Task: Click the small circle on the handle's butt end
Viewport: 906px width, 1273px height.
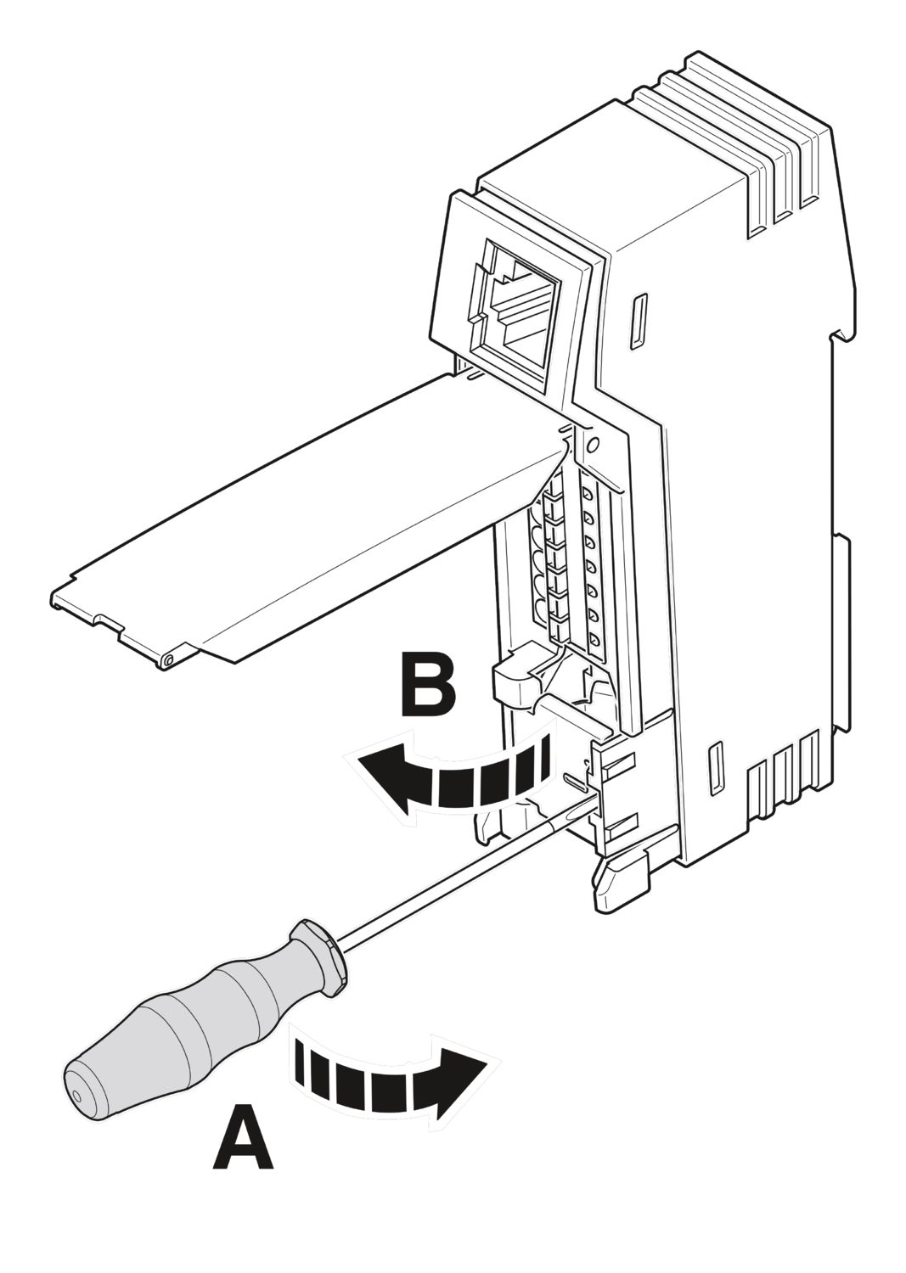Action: click(78, 1095)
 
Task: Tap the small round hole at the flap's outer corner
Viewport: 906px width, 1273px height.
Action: click(169, 659)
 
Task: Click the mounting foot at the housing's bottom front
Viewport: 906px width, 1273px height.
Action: click(620, 883)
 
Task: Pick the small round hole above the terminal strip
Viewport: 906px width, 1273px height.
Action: click(594, 443)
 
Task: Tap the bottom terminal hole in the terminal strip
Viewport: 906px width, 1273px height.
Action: click(594, 638)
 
